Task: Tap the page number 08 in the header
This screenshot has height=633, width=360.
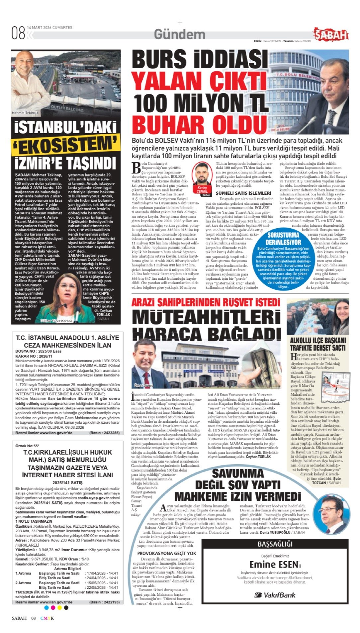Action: tap(18, 33)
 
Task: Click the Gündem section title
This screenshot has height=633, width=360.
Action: tap(179, 35)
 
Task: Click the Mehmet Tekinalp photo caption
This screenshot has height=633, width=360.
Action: tap(25, 113)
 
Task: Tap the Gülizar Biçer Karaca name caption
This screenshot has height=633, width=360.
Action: tap(56, 321)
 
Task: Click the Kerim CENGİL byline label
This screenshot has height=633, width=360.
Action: tap(202, 190)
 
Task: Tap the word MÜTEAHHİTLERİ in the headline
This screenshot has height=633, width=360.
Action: tap(206, 317)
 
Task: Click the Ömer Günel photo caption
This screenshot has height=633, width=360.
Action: tap(143, 385)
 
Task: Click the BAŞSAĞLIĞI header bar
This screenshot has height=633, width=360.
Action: tap(275, 544)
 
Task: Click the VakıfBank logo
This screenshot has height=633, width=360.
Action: tap(275, 595)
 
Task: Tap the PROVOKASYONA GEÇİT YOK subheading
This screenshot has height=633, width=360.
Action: tap(166, 553)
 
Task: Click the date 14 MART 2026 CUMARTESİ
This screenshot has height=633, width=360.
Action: tap(50, 28)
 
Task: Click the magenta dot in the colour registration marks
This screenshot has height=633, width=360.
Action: tap(53, 608)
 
